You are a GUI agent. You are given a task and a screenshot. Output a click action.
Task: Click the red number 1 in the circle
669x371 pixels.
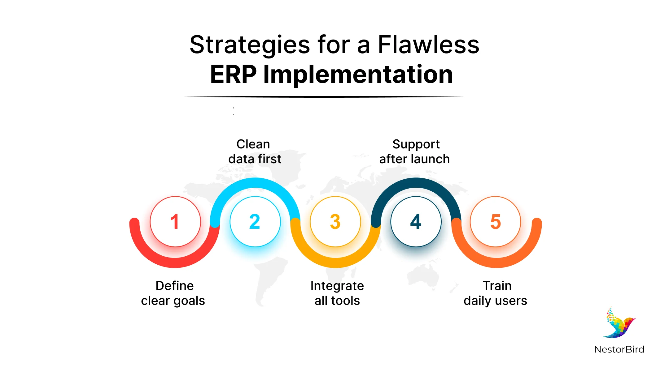point(175,222)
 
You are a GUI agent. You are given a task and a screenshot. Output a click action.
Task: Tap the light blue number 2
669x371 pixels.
point(255,222)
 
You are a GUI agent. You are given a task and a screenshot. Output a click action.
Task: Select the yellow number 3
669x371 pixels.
point(335,222)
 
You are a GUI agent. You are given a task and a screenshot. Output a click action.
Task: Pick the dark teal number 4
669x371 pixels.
point(416,222)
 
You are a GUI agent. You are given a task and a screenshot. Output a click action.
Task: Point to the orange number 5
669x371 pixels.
point(496,222)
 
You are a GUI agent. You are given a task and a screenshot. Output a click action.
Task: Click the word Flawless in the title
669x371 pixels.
point(428,45)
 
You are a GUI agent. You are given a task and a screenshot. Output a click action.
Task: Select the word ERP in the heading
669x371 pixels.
point(233,75)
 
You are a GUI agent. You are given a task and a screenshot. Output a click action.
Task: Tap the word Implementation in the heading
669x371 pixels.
point(358,75)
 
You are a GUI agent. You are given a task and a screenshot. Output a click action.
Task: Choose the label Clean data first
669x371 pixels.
point(254,151)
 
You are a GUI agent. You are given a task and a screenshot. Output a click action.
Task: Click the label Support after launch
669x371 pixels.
point(415,151)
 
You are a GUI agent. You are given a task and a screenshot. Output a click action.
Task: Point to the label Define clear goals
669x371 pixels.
point(173,293)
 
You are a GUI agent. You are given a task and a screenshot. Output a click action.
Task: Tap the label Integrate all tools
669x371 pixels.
point(337,293)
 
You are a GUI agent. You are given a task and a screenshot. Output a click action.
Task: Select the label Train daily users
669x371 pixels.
point(496,293)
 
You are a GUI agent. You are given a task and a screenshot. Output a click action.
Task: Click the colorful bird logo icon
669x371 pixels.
point(619,323)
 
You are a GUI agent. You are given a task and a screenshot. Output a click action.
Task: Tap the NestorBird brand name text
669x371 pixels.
point(619,349)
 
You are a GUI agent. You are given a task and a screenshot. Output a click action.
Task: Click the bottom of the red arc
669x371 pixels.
point(175,263)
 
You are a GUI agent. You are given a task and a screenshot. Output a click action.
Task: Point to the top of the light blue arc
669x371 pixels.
point(255,182)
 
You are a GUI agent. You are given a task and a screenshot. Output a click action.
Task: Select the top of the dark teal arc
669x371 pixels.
point(416,182)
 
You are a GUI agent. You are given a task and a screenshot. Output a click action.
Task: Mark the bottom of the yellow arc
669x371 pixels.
point(335,263)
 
